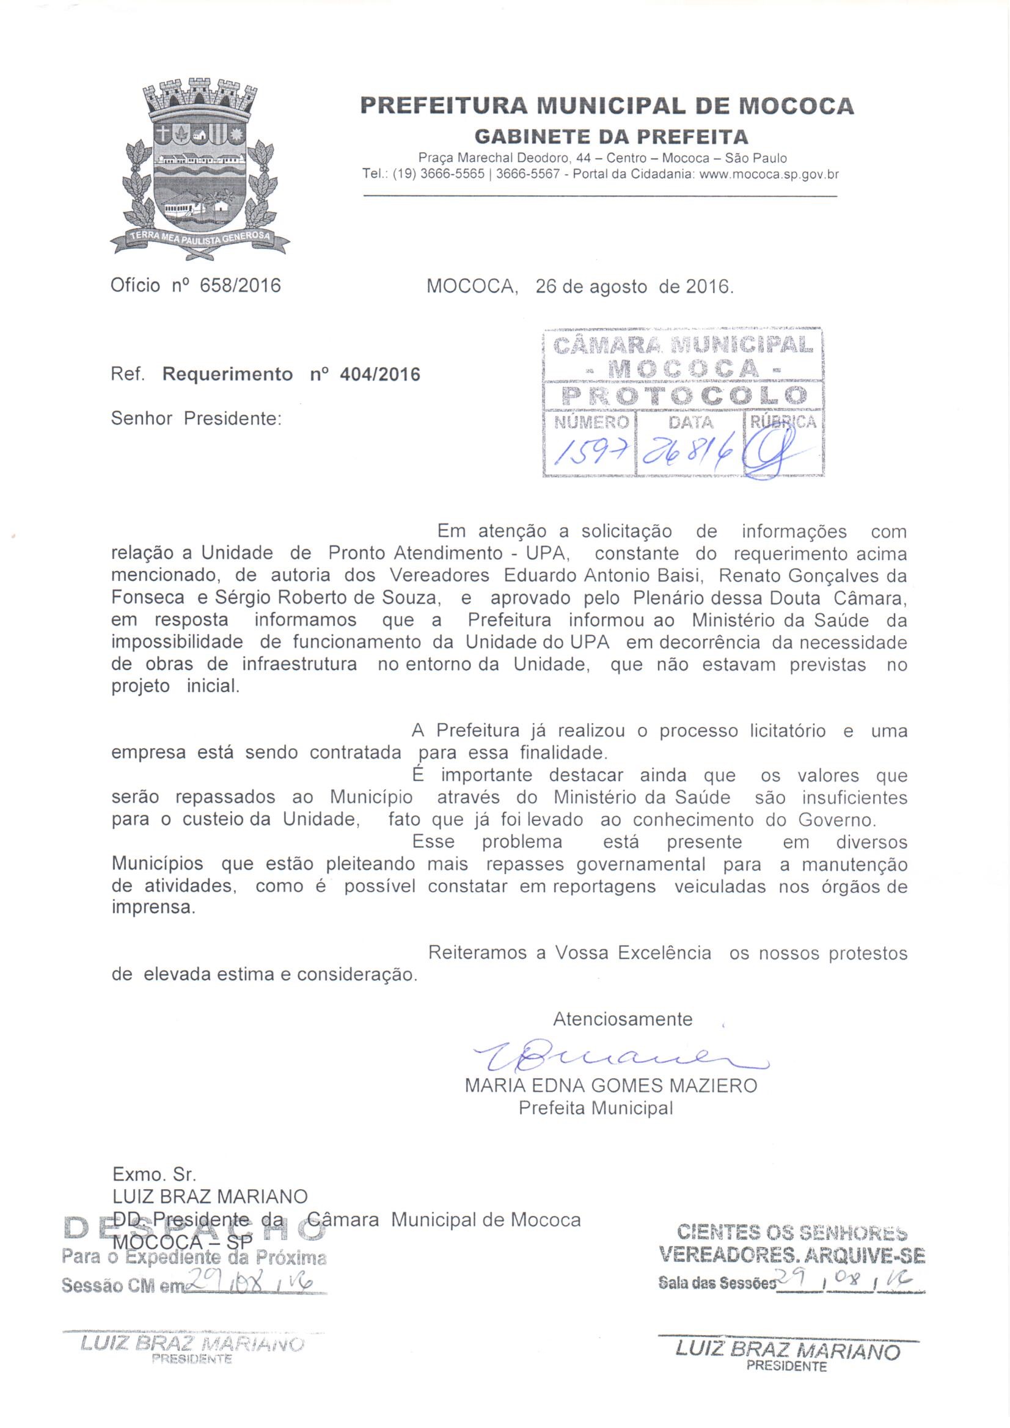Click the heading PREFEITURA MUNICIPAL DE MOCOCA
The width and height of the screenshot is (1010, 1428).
point(607,106)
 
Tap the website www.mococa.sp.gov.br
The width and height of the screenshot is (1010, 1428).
point(769,175)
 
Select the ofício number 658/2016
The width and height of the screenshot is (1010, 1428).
point(240,285)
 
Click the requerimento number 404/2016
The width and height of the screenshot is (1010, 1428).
point(380,374)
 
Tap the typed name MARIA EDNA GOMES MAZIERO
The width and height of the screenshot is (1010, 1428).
point(610,1086)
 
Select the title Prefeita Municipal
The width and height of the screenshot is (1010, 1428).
point(596,1108)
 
